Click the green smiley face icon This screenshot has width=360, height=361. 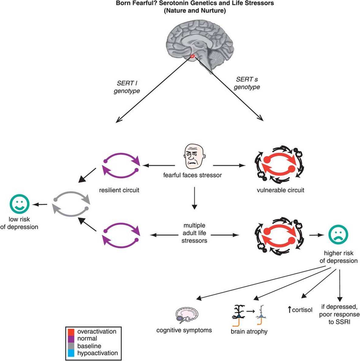pos(19,204)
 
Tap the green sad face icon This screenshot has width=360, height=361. pos(338,235)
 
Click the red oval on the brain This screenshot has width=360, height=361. pos(192,56)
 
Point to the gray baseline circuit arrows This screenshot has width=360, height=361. pos(71,204)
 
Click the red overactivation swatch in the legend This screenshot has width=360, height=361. pos(71,332)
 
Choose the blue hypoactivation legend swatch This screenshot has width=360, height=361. pos(71,353)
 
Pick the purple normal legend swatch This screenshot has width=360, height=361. pos(71,339)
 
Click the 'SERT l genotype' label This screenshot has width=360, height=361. pos(127,87)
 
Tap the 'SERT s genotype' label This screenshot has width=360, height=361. pos(247,83)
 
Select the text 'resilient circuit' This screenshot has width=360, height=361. pos(119,191)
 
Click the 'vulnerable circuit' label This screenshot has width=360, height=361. pos(280,191)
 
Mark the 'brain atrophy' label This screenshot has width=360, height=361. pos(249,331)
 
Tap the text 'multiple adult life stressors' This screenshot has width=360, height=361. pos(194,233)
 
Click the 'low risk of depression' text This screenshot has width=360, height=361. pos(19,223)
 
